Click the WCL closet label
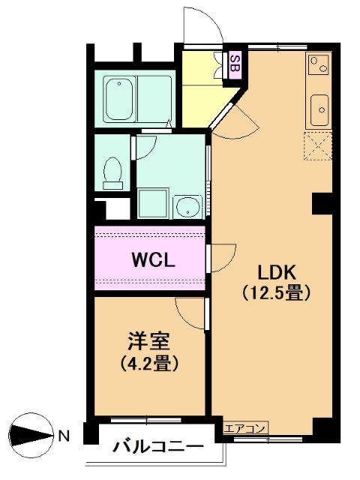tap(153, 260)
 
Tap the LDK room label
tap(277, 272)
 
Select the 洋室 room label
tap(149, 340)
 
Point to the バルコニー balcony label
tap(158, 447)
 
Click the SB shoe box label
tap(235, 63)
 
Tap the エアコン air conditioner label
tap(244, 428)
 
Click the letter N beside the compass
tap(64, 436)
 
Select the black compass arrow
tap(31, 435)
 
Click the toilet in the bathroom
tap(112, 173)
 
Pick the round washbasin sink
tap(187, 207)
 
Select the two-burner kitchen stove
tap(319, 64)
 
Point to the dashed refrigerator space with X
tap(318, 146)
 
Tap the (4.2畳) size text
tap(149, 363)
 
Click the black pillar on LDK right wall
tap(322, 203)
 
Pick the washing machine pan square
tap(153, 203)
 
